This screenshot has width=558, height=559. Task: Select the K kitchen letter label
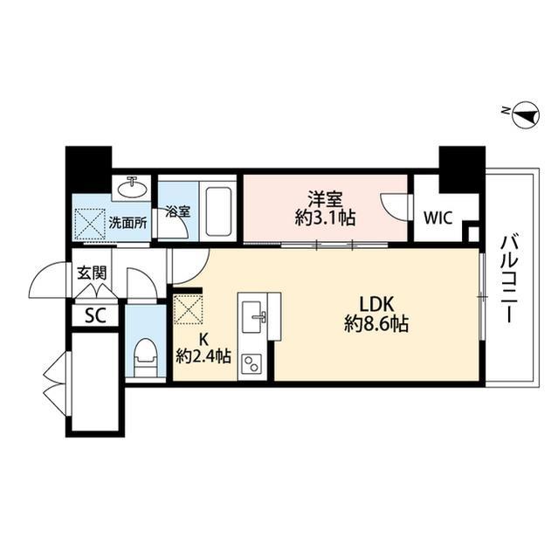tap(203, 336)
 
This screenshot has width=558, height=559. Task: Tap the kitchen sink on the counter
tap(256, 314)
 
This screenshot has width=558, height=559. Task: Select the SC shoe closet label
tap(94, 315)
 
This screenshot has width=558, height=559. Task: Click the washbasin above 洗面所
tap(134, 188)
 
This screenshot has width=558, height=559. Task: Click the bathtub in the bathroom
tap(217, 210)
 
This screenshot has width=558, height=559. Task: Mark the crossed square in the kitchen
tap(187, 310)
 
